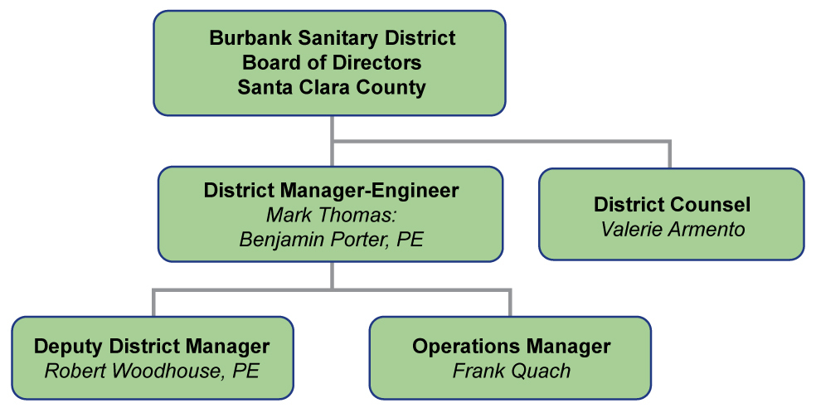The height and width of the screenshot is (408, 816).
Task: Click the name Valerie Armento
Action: click(x=673, y=230)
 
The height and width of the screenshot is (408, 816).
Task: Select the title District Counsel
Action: click(x=673, y=205)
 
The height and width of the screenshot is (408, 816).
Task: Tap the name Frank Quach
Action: click(x=512, y=371)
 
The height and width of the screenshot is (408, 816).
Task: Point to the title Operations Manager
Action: click(x=511, y=346)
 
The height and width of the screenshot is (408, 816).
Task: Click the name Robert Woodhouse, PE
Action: click(x=152, y=371)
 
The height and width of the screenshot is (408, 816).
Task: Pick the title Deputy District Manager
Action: click(x=152, y=347)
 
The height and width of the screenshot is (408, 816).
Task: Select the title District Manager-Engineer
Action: click(x=331, y=191)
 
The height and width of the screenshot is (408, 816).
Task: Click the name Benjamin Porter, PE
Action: click(x=331, y=240)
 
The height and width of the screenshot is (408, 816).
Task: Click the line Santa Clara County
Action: click(x=332, y=87)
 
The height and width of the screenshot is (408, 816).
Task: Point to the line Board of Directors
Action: click(x=332, y=63)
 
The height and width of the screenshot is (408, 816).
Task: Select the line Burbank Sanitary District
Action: click(x=332, y=38)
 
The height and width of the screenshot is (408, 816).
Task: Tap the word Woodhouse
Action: click(x=168, y=371)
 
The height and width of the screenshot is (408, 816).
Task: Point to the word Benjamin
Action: click(x=282, y=240)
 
